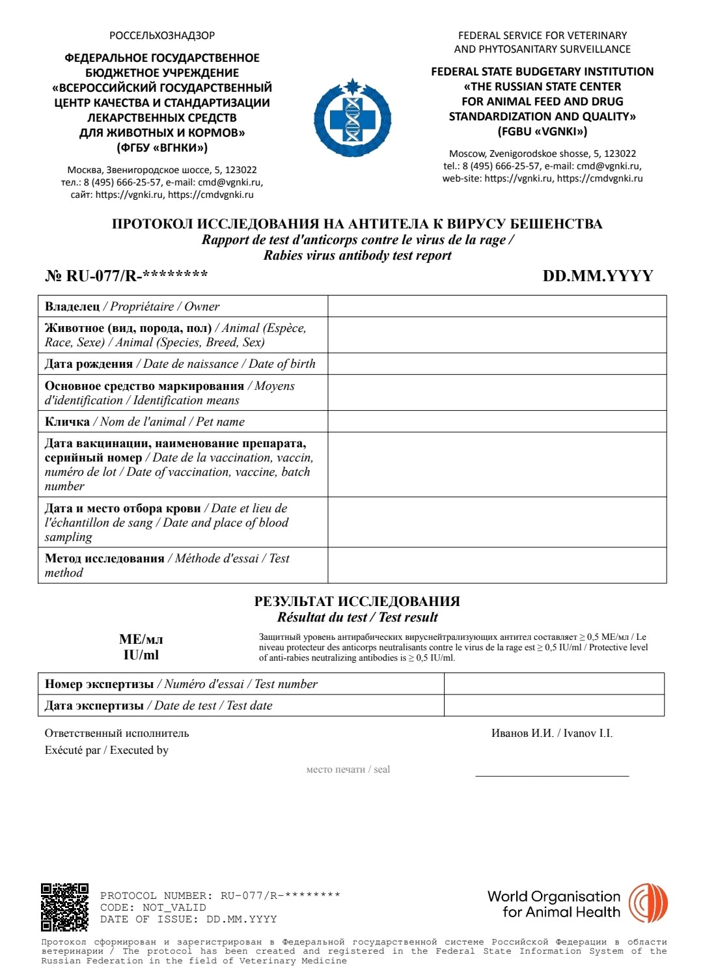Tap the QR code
click(x=64, y=907)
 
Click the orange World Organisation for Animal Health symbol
click(x=648, y=903)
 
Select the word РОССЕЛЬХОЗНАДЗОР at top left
click(x=162, y=36)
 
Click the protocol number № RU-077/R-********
click(x=126, y=275)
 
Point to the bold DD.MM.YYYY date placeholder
click(x=598, y=276)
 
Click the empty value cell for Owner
click(x=497, y=307)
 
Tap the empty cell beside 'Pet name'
click(x=497, y=421)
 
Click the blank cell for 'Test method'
click(x=497, y=565)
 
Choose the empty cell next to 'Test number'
click(x=553, y=684)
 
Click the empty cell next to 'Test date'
click(x=553, y=706)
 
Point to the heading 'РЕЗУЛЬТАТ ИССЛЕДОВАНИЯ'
click(x=357, y=601)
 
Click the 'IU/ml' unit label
click(x=141, y=655)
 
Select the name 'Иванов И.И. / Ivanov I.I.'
click(x=552, y=734)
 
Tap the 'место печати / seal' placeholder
click(x=348, y=769)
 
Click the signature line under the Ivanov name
click(x=552, y=775)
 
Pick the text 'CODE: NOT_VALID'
click(x=153, y=907)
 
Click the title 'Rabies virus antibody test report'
click(x=357, y=255)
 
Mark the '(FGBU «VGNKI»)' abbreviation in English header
click(x=542, y=131)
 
